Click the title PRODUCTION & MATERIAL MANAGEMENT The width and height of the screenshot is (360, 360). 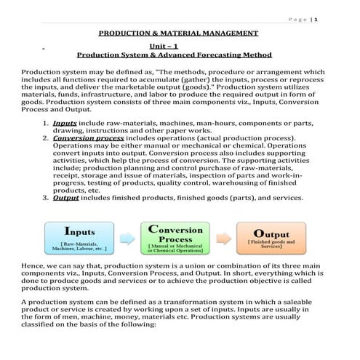(178, 33)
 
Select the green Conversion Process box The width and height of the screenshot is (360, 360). (177, 238)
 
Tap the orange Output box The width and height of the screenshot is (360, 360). (271, 239)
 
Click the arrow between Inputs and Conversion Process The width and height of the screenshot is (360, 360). (129, 239)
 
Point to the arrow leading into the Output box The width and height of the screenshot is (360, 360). (224, 239)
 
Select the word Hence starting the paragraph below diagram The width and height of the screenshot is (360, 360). (33, 266)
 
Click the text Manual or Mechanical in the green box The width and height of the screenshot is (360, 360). (177, 247)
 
